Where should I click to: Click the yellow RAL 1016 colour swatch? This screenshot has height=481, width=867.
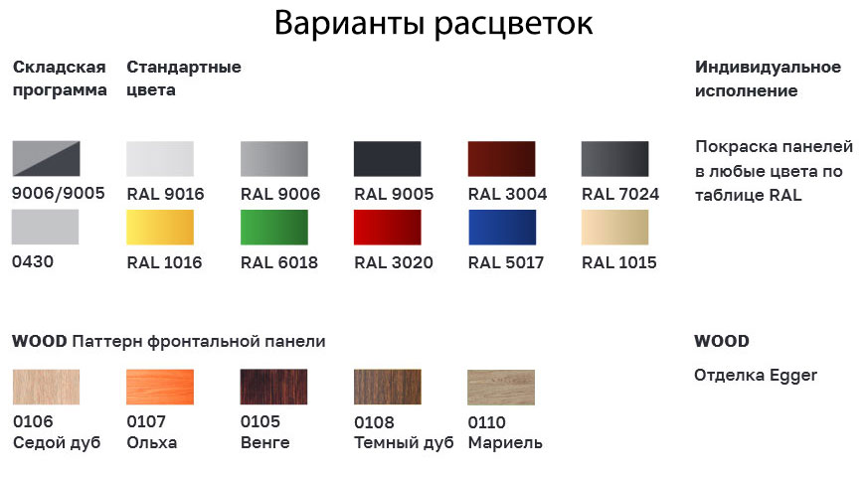(x=160, y=227)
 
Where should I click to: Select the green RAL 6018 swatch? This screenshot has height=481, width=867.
(x=273, y=227)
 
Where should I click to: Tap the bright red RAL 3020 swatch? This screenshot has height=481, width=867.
(x=387, y=227)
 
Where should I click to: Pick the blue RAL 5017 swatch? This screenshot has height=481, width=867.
(x=501, y=227)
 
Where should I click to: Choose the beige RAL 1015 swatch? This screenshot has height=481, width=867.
(x=614, y=227)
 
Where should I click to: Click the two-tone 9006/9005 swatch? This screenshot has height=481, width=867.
(x=46, y=158)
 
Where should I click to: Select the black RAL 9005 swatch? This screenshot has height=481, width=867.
(x=387, y=159)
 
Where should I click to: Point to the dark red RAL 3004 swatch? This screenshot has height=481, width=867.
(x=501, y=159)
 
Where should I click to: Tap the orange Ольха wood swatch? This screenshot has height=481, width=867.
(x=160, y=387)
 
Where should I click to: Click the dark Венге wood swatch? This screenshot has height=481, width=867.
(x=273, y=387)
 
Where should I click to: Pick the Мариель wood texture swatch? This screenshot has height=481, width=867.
(x=501, y=387)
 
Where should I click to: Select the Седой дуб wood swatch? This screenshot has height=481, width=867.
(x=46, y=387)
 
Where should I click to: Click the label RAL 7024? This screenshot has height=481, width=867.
(x=620, y=194)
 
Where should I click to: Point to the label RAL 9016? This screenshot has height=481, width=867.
(x=165, y=194)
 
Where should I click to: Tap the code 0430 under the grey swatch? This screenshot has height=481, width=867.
(x=33, y=261)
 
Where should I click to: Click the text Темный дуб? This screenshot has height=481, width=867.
(x=404, y=443)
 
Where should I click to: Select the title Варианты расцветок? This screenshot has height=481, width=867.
(x=433, y=24)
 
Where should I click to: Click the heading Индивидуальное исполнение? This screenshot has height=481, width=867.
(x=768, y=79)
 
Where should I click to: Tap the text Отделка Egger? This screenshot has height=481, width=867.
(x=756, y=376)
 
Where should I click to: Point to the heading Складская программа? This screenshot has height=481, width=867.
(x=60, y=79)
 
